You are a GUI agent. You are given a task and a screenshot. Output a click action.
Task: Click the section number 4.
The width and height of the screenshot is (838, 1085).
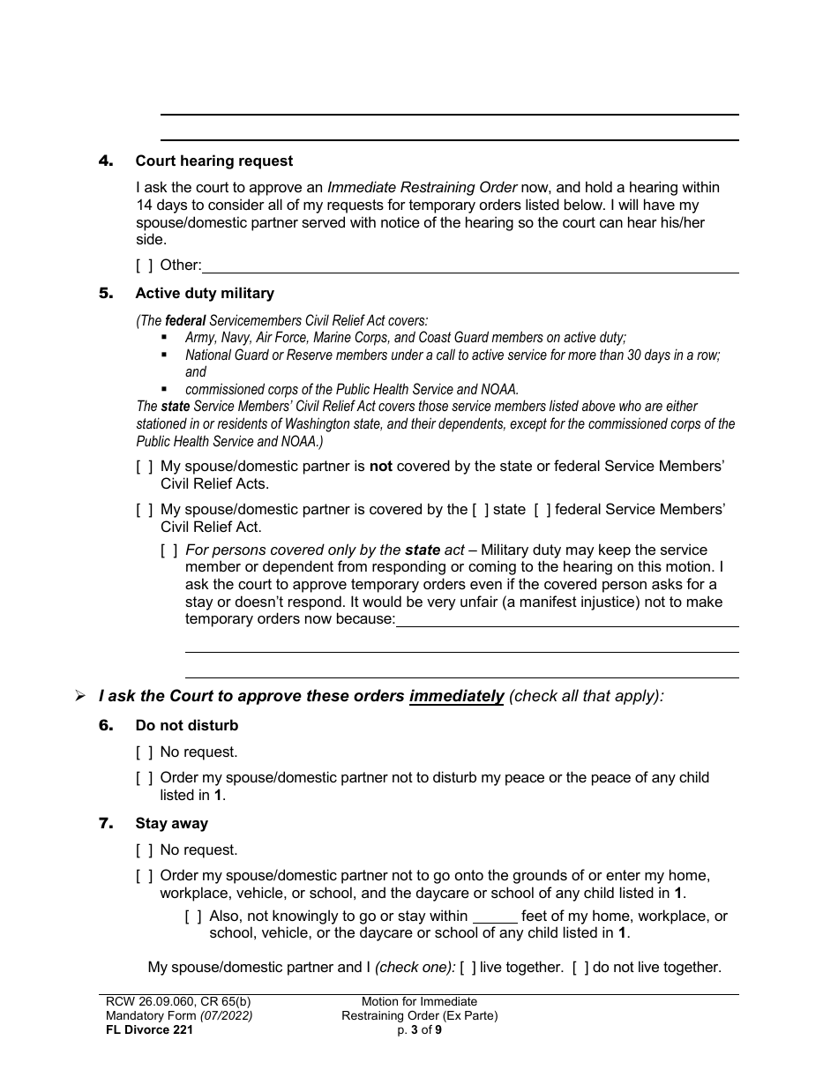(x=106, y=161)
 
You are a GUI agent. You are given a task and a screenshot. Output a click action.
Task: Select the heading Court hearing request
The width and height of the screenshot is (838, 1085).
(x=213, y=161)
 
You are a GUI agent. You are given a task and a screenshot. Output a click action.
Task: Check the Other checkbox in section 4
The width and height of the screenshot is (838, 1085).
(x=144, y=265)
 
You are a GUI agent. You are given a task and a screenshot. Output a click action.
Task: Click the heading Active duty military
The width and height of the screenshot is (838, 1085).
(x=205, y=293)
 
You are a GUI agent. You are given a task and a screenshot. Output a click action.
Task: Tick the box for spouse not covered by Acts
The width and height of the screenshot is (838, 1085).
(x=144, y=466)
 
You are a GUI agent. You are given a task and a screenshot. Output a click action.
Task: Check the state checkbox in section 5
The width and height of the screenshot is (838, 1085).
(x=480, y=509)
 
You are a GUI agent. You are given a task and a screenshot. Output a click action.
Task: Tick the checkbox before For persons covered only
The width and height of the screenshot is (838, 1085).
(x=168, y=550)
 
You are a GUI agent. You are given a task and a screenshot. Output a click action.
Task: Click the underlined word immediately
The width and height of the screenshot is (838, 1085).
(x=456, y=696)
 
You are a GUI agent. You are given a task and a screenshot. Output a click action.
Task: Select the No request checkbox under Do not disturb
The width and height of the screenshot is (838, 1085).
(x=144, y=752)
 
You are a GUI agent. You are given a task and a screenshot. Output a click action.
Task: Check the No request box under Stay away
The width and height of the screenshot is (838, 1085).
(x=144, y=850)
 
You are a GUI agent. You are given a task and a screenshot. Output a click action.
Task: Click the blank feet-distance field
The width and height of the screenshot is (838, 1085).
(x=495, y=917)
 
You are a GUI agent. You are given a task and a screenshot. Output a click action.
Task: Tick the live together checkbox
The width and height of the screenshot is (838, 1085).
(x=468, y=968)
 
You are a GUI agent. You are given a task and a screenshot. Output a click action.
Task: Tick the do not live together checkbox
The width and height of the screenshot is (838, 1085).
(x=580, y=968)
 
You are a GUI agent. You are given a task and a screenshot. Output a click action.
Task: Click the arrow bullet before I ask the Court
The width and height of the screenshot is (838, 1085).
(x=80, y=696)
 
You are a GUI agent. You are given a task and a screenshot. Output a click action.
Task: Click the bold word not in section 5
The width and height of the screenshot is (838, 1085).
(x=380, y=466)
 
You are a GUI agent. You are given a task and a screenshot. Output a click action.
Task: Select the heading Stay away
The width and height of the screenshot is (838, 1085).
(x=171, y=823)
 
